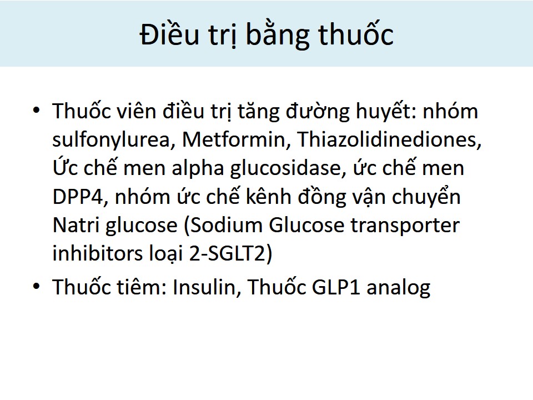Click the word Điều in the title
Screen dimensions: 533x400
[x=169, y=34]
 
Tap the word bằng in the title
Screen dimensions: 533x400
[x=278, y=34]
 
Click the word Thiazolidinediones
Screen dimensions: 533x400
[x=389, y=139]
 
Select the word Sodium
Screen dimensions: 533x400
[x=225, y=226]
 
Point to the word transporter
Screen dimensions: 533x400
[x=405, y=226]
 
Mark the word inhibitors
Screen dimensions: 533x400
[x=98, y=253]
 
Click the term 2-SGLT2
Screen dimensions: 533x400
[x=228, y=254]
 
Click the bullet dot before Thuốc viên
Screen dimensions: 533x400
[x=37, y=110]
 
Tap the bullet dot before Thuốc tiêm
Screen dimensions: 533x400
[x=37, y=286]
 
